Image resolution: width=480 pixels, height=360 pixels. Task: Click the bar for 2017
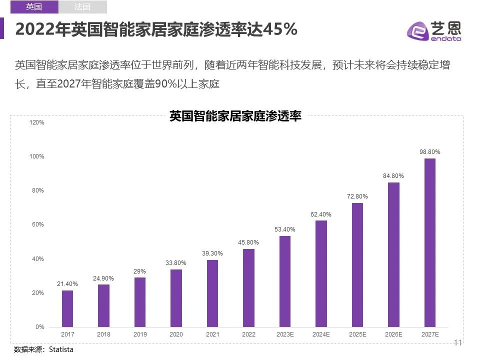[x=67, y=308]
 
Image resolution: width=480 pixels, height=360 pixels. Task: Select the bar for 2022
[x=248, y=287]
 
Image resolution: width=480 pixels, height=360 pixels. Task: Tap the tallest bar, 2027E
[x=429, y=242]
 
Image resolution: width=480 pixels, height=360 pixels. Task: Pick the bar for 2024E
[x=321, y=273]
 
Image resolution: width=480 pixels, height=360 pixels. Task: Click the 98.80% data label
[x=429, y=151]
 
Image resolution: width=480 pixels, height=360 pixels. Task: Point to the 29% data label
[x=140, y=271]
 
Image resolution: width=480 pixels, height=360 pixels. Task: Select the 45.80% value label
[x=248, y=242]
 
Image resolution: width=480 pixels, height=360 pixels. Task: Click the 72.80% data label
[x=357, y=196]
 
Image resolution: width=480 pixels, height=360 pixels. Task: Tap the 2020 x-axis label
[x=176, y=334]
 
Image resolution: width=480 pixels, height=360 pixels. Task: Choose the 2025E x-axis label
[x=357, y=334]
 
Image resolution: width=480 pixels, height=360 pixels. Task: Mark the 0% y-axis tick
[x=40, y=327]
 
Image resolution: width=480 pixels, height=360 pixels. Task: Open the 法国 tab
[x=82, y=7]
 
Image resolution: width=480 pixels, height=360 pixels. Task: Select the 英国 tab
[x=34, y=7]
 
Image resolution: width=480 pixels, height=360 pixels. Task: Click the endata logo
[x=434, y=31]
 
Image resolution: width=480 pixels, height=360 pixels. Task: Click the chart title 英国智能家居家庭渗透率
[x=235, y=116]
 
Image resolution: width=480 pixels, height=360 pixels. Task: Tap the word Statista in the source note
[x=61, y=349]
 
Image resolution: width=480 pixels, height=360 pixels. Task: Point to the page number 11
[x=457, y=342]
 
